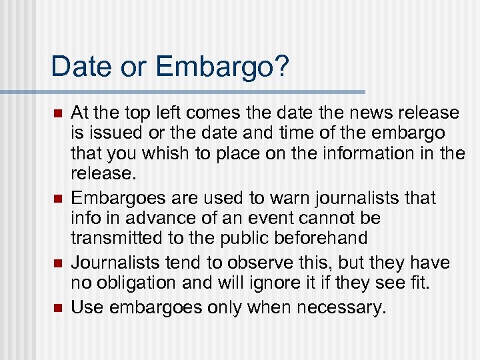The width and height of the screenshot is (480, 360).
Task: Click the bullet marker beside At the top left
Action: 57,113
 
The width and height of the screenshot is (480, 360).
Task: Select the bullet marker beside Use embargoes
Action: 57,308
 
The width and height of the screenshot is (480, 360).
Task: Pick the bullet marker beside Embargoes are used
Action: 57,198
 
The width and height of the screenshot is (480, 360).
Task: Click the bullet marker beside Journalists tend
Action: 57,263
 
